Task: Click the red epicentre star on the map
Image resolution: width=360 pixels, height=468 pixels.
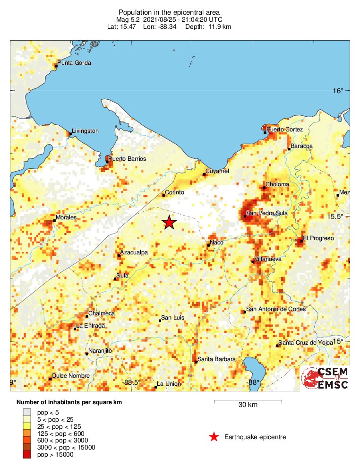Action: pos(169,222)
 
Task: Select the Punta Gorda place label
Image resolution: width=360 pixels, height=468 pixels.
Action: pos(74,63)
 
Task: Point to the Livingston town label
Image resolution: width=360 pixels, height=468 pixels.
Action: pos(86,131)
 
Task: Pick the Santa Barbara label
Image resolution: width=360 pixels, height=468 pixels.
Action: pos(216,360)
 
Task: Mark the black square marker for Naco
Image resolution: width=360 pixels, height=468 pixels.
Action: pos(208,245)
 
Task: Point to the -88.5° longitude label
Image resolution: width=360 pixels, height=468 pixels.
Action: pos(131,382)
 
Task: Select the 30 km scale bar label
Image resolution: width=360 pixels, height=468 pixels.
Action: pos(248,405)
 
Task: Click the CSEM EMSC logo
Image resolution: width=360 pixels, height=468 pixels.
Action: pos(326,379)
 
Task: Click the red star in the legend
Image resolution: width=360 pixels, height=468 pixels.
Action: pos(214,437)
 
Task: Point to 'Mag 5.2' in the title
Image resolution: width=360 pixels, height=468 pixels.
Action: pos(129,19)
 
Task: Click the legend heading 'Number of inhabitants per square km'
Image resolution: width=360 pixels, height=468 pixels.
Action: pos(73,402)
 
